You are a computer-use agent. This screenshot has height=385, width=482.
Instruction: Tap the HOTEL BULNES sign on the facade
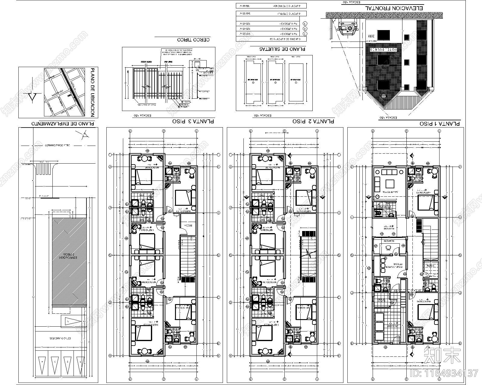point(383,49)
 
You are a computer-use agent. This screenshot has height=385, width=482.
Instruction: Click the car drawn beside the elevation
point(348,28)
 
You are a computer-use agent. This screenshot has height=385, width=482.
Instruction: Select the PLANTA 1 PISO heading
point(440,124)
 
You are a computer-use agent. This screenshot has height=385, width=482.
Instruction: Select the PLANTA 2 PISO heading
point(313,121)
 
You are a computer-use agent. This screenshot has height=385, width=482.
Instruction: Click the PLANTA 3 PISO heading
point(193,121)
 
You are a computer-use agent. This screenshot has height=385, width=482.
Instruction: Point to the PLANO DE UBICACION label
point(92,92)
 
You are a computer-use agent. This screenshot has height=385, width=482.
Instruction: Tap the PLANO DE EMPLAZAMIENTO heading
point(63,123)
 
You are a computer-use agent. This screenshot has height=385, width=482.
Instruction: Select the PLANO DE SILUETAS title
point(282,49)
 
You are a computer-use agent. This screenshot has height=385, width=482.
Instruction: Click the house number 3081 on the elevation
point(371,36)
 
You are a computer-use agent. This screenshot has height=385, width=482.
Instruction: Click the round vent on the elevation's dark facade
point(383,96)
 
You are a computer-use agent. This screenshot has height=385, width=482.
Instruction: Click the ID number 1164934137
point(444,373)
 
